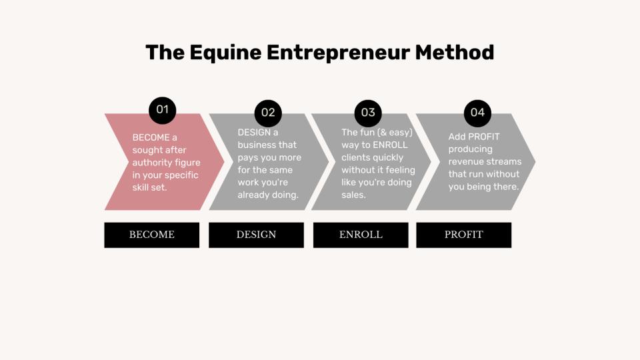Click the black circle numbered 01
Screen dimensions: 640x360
[x=163, y=110]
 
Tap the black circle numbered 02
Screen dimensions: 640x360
[x=268, y=113]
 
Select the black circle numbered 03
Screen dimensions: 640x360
[x=368, y=113]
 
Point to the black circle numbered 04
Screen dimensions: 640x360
[x=477, y=113]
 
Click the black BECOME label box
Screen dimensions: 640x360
[x=152, y=235]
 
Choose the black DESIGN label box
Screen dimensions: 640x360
[x=256, y=235]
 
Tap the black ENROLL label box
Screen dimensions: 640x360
[x=361, y=235]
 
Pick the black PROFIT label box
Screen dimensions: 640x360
[x=464, y=235]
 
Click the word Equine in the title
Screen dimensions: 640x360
[x=225, y=53]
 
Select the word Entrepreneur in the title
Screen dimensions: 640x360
[x=338, y=53]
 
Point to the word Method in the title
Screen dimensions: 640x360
[x=454, y=53]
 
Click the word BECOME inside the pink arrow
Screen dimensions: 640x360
[x=151, y=137]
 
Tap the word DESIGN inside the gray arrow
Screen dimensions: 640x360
[x=254, y=133]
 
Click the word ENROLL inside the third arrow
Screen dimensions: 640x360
[x=390, y=145]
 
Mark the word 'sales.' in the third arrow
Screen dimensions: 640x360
[x=353, y=195]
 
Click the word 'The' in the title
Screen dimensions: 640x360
[x=165, y=53]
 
